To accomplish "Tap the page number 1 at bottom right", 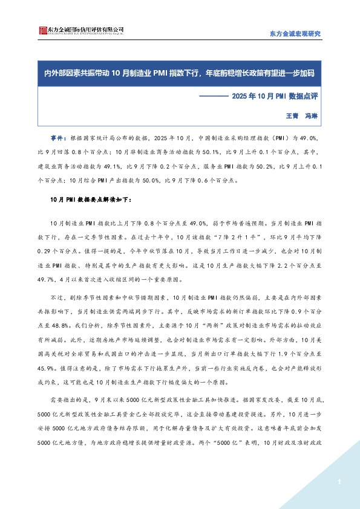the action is click(339, 482).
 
